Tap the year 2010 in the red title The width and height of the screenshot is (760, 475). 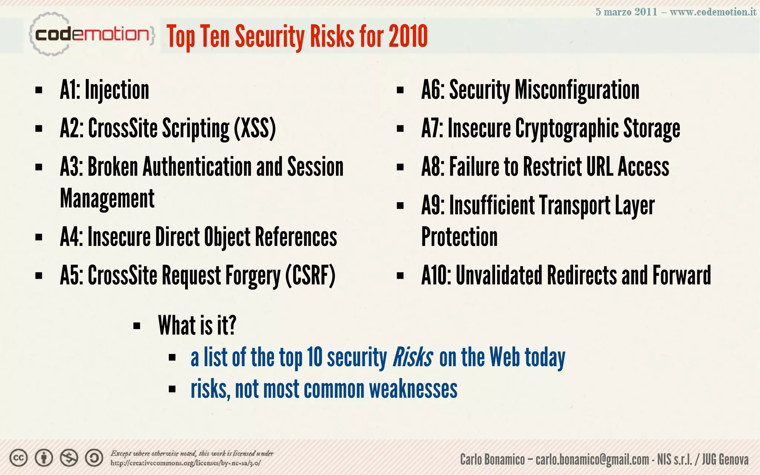[408, 36]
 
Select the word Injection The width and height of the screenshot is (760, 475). [117, 90]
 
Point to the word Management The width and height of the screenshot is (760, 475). [107, 199]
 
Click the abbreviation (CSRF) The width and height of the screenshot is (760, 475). [310, 276]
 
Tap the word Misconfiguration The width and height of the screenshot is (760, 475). [577, 90]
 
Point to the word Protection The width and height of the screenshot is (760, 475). [459, 237]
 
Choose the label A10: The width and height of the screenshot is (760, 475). [436, 275]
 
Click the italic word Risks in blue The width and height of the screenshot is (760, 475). [412, 357]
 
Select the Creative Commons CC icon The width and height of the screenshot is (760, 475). [19, 458]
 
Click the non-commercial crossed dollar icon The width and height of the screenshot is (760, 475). [69, 458]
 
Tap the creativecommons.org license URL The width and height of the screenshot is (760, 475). [186, 463]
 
